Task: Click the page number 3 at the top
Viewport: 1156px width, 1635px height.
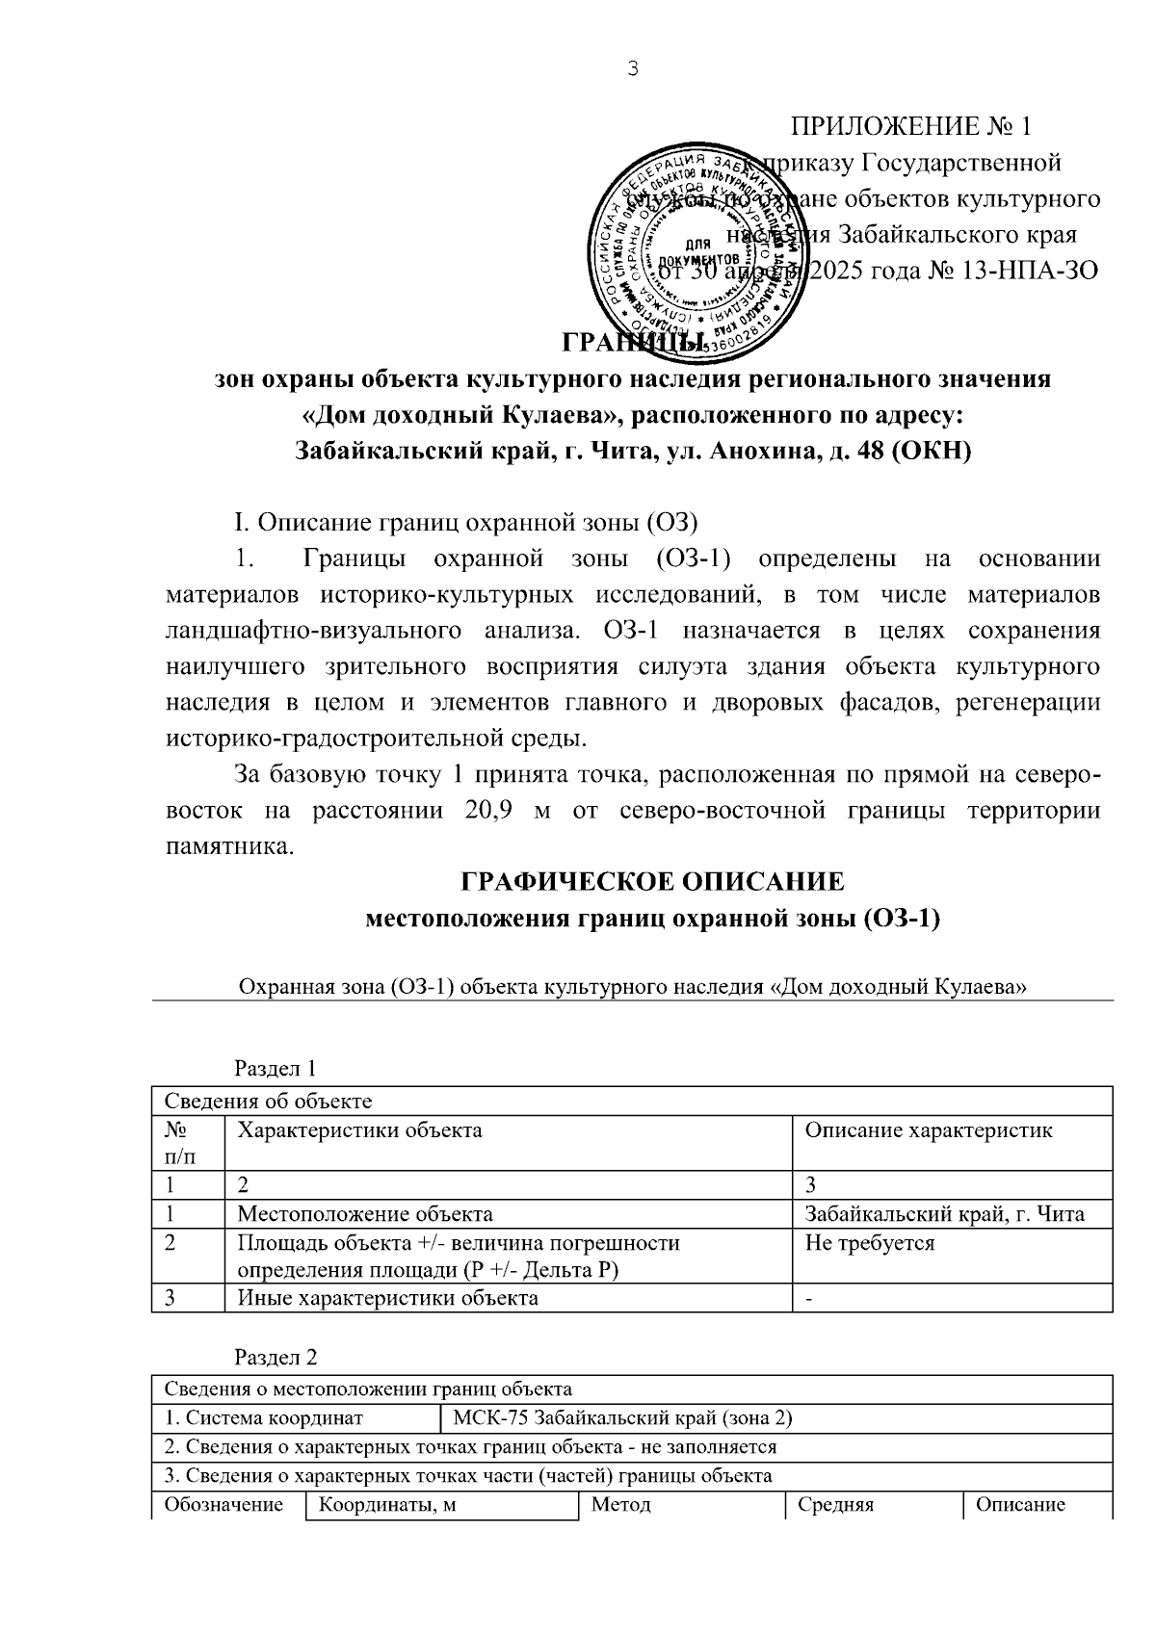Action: click(x=632, y=68)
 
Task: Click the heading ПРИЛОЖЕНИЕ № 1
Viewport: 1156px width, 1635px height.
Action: click(x=910, y=126)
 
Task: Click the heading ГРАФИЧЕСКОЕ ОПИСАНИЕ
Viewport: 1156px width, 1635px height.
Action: click(x=652, y=881)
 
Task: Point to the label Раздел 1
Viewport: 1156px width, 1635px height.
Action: click(x=276, y=1068)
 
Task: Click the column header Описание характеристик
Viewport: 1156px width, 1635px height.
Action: click(x=928, y=1130)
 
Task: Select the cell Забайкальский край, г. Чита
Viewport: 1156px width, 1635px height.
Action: click(x=944, y=1214)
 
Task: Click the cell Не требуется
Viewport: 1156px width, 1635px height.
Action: click(x=869, y=1243)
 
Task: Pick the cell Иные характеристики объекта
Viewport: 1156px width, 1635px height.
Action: click(x=387, y=1298)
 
